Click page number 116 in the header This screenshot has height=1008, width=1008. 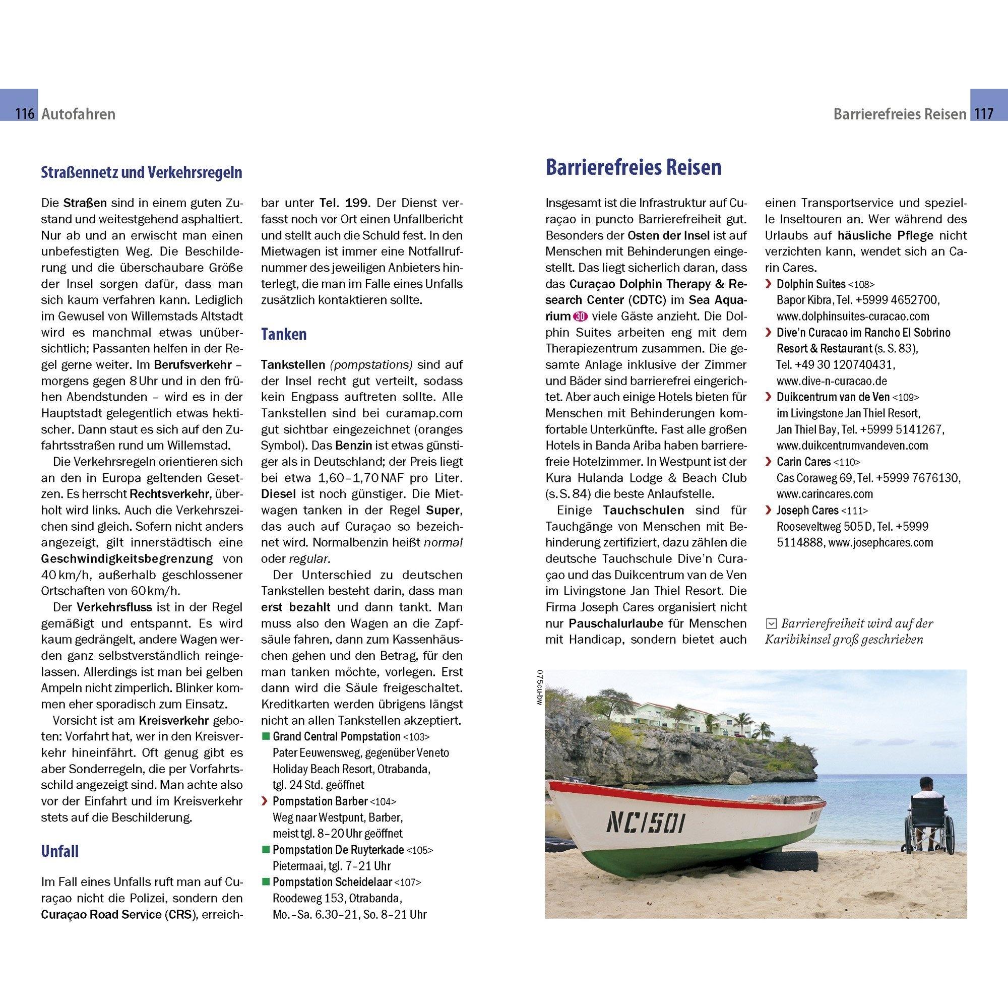[x=25, y=114]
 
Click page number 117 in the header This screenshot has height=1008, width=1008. [x=984, y=114]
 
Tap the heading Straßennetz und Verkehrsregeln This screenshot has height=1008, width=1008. [x=142, y=173]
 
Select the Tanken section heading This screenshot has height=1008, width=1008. [x=283, y=334]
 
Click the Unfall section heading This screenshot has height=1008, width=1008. [x=59, y=851]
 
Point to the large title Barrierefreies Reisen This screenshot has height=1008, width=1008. [x=634, y=168]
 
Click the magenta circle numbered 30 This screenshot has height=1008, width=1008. [x=579, y=317]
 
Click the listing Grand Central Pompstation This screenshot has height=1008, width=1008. [x=337, y=737]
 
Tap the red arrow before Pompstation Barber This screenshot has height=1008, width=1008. [x=265, y=801]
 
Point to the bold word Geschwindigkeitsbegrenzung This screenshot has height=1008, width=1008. [x=127, y=559]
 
